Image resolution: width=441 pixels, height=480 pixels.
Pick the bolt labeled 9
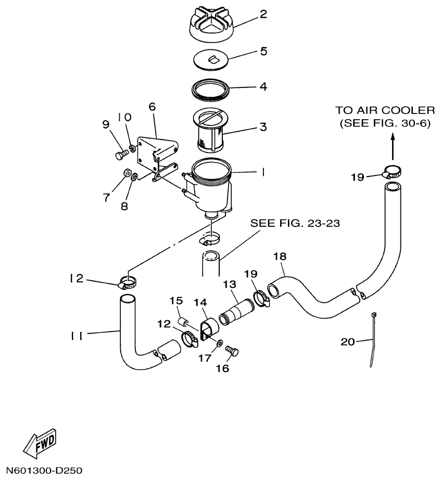pyautogui.click(x=120, y=155)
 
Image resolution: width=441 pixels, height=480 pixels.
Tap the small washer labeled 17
pyautogui.click(x=219, y=344)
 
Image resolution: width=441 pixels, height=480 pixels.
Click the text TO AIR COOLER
pyautogui.click(x=384, y=110)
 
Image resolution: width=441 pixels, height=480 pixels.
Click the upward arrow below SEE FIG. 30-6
pyautogui.click(x=392, y=147)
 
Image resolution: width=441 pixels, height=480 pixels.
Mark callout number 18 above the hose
pyautogui.click(x=280, y=257)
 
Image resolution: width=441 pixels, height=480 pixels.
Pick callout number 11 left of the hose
pyautogui.click(x=77, y=335)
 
